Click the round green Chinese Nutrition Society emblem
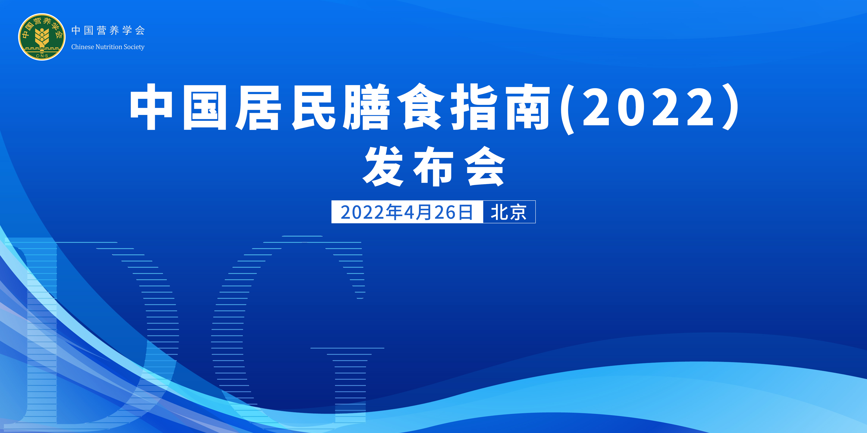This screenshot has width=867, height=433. pos(42,37)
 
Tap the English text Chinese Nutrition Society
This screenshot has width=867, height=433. pos(108,47)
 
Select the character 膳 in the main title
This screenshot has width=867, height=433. pos(366,107)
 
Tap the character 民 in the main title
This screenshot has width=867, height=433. pos(314,107)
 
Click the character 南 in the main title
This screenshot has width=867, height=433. pos(528,107)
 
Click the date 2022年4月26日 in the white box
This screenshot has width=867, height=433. pos(407,212)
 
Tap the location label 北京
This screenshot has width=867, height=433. pos(509,212)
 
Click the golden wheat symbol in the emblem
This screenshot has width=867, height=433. pos(42,38)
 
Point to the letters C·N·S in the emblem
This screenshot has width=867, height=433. pos(42,56)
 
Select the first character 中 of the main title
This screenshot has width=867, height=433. pos(151,107)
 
